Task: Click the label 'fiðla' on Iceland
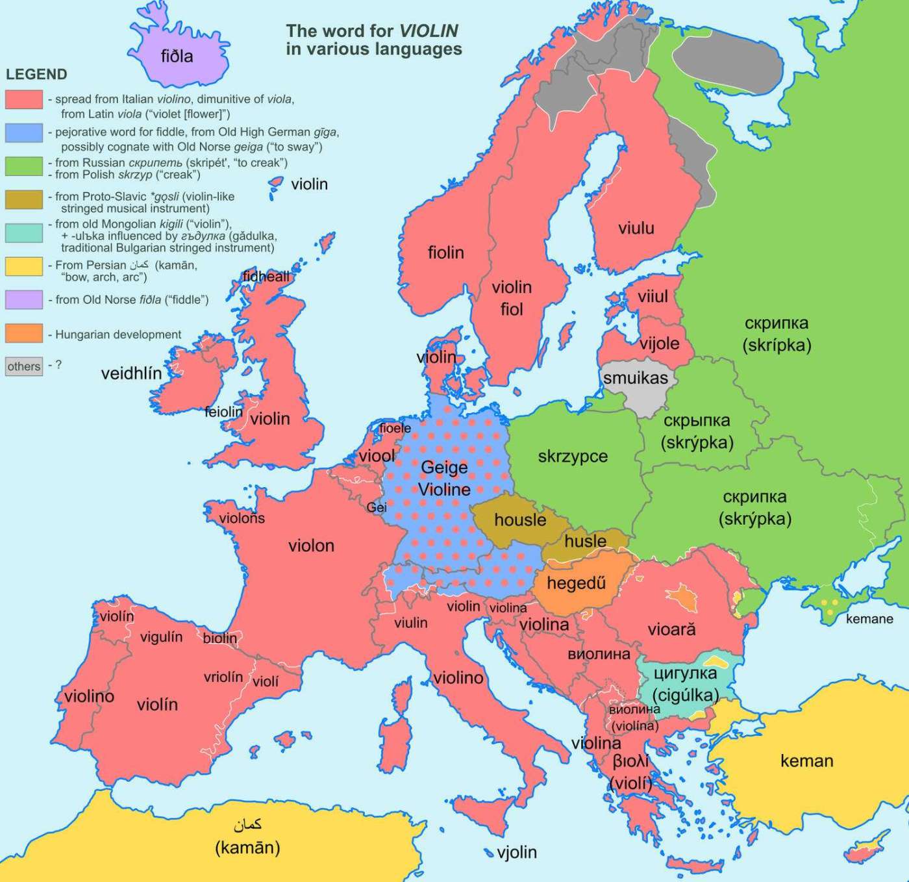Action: pyautogui.click(x=177, y=57)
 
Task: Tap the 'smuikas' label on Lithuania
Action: pyautogui.click(x=635, y=378)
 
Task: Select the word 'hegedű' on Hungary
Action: pyautogui.click(x=576, y=583)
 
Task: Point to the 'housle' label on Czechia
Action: pyautogui.click(x=520, y=520)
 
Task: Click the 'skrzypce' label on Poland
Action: pyautogui.click(x=573, y=457)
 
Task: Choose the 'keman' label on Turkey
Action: pyautogui.click(x=806, y=761)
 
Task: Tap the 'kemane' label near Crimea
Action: pyautogui.click(x=869, y=619)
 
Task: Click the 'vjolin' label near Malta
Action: pyautogui.click(x=517, y=852)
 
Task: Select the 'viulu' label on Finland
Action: pyautogui.click(x=636, y=228)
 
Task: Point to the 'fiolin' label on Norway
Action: pyautogui.click(x=445, y=253)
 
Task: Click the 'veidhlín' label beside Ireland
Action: pyautogui.click(x=131, y=373)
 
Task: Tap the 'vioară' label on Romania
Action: pyautogui.click(x=671, y=629)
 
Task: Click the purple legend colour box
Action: pyautogui.click(x=24, y=299)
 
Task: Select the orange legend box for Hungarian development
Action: pyautogui.click(x=24, y=334)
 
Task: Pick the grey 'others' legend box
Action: pyautogui.click(x=24, y=366)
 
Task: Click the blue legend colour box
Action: pyautogui.click(x=24, y=133)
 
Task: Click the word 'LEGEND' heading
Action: pyautogui.click(x=36, y=74)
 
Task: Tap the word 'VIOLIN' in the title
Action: pyautogui.click(x=429, y=31)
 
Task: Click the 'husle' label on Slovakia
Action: pyautogui.click(x=585, y=541)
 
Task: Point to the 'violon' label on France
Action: pyautogui.click(x=311, y=546)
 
